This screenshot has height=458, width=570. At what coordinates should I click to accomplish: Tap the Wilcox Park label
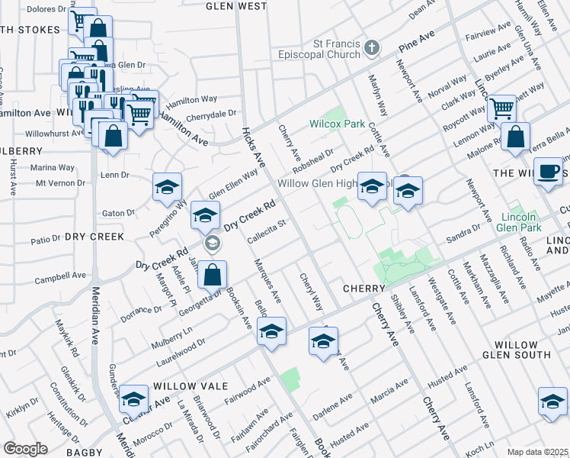[x=333, y=124]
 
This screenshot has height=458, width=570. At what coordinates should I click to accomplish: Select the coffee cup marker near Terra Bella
[x=548, y=171]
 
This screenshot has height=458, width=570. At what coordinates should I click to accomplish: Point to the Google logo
[x=25, y=449]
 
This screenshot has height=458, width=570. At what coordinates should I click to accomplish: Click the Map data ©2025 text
[x=538, y=452]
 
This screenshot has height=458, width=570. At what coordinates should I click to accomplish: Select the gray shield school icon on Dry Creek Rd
[x=213, y=244]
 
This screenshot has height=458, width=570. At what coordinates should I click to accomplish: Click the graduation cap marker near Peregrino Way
[x=168, y=186]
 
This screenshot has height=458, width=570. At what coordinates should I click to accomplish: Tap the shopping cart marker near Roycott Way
[x=502, y=108]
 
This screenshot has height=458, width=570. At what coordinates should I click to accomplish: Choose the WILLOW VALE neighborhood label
[x=181, y=387]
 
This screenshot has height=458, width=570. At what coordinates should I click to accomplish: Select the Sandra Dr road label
[x=463, y=232]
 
